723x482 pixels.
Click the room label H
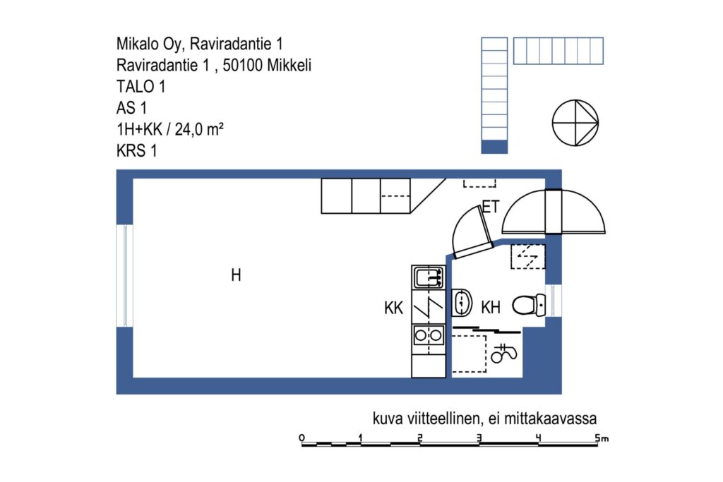click(236, 275)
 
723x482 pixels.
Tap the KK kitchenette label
click(393, 308)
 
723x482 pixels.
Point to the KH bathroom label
click(491, 307)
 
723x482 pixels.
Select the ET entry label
click(491, 207)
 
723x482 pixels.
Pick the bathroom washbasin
click(462, 303)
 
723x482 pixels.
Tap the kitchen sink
click(429, 277)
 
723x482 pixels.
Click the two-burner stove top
click(429, 335)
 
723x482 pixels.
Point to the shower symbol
click(503, 353)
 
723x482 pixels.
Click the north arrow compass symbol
click(575, 123)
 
